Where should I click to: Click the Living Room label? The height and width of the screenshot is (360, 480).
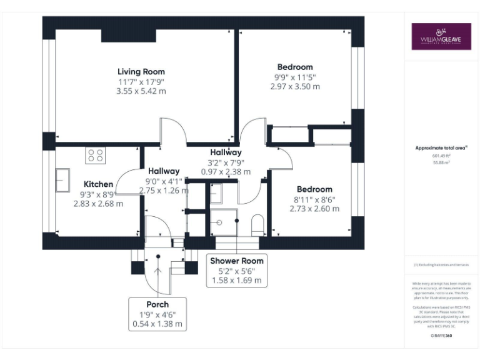pos(141,71)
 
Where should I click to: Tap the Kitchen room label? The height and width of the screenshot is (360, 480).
pos(98,184)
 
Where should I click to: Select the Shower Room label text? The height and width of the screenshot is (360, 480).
pos(237,261)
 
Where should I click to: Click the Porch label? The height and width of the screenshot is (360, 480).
pos(157,304)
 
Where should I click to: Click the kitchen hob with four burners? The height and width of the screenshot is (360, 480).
pos(95,155)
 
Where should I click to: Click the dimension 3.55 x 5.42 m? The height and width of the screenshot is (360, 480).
pos(141,91)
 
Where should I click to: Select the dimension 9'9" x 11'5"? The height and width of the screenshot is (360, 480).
pos(295,77)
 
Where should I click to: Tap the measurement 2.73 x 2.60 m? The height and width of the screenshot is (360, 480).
pos(314,209)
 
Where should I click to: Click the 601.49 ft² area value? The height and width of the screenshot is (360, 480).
pos(441,156)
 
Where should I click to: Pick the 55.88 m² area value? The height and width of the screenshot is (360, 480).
pos(441,162)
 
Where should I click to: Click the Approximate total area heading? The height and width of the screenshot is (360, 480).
pos(441,147)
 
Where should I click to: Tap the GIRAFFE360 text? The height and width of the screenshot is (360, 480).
pos(441,336)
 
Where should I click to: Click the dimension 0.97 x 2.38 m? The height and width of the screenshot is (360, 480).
pos(226,172)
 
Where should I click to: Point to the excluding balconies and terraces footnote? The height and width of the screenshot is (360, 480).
pos(441,265)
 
